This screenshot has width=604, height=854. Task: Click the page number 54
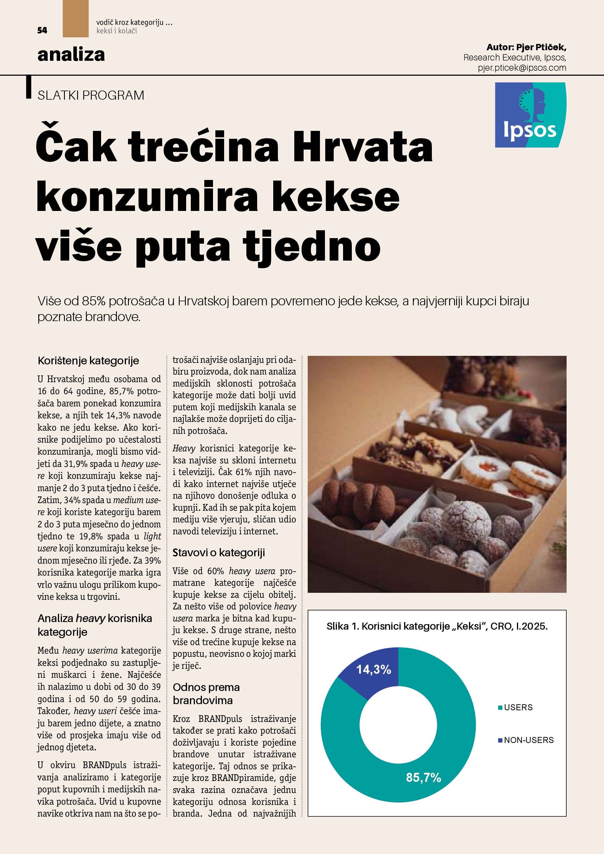point(42,30)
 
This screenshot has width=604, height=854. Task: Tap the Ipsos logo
point(530,115)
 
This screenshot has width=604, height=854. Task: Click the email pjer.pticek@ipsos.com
point(522,68)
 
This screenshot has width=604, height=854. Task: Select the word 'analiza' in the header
point(71,55)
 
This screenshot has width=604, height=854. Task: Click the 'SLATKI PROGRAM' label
point(91,96)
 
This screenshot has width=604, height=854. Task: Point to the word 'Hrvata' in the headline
point(363,147)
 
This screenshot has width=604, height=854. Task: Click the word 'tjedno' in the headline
point(312,247)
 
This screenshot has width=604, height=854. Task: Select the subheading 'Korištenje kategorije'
point(88,361)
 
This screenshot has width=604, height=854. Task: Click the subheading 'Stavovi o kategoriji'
point(219,553)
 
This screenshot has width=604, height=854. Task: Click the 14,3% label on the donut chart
point(373,670)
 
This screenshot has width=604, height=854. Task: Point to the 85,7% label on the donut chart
point(423,777)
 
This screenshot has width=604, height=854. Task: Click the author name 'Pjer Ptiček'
point(541,47)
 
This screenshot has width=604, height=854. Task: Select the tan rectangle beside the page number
point(75,19)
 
